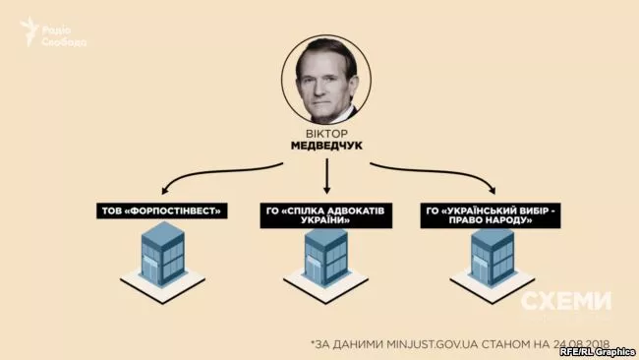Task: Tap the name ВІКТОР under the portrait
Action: coord(325,132)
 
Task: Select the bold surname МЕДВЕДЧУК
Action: coord(325,146)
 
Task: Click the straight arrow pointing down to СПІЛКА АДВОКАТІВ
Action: coord(325,177)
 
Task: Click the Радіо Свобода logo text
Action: coord(65,35)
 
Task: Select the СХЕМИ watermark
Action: coord(565,302)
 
